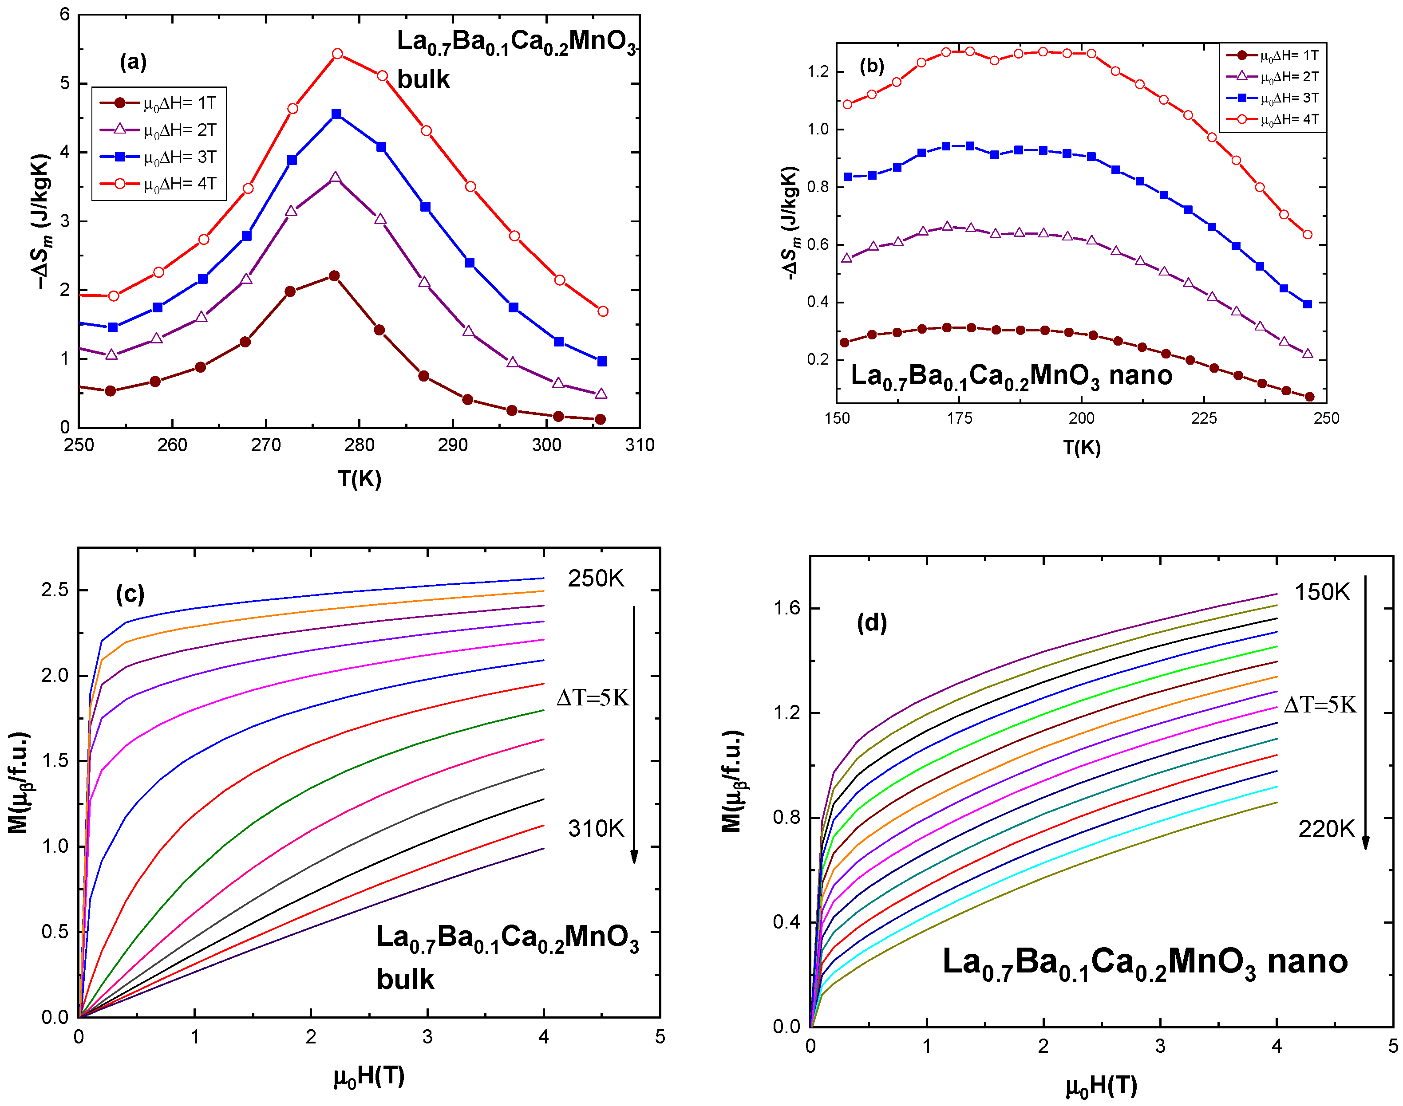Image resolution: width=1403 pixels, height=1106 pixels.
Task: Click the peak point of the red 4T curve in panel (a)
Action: (337, 54)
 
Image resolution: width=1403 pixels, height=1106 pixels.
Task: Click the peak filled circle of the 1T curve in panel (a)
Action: (334, 276)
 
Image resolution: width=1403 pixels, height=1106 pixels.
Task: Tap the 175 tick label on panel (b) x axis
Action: (959, 418)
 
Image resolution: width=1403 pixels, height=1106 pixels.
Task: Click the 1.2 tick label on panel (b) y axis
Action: (818, 72)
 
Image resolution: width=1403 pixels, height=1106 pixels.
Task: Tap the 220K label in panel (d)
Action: (1326, 829)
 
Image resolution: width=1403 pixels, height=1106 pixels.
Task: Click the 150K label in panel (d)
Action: (1322, 592)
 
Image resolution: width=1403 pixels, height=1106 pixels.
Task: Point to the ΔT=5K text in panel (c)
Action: (593, 698)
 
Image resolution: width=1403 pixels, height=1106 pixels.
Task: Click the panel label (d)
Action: (871, 623)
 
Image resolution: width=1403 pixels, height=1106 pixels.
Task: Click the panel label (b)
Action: (871, 66)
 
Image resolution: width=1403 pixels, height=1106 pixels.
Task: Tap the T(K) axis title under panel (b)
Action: (1081, 448)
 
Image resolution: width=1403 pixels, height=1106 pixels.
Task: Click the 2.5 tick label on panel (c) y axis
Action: (55, 590)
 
